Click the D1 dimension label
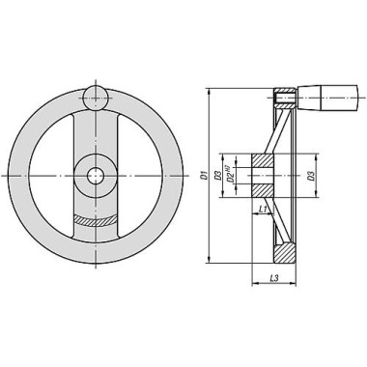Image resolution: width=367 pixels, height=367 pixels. [x=203, y=176]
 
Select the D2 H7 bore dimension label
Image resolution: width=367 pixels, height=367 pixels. [x=230, y=175]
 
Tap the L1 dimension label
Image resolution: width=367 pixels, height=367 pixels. [x=263, y=209]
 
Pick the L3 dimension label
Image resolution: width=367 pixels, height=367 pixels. [x=274, y=278]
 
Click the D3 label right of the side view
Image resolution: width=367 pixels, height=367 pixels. [x=311, y=176]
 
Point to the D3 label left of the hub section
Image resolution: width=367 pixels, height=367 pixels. [x=217, y=176]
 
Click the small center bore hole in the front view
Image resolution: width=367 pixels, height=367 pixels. [x=96, y=176]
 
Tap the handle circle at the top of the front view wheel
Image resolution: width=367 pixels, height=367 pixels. [x=96, y=99]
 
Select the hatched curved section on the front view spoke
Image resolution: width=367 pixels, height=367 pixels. [x=96, y=220]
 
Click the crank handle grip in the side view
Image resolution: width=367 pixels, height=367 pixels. [x=327, y=98]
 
